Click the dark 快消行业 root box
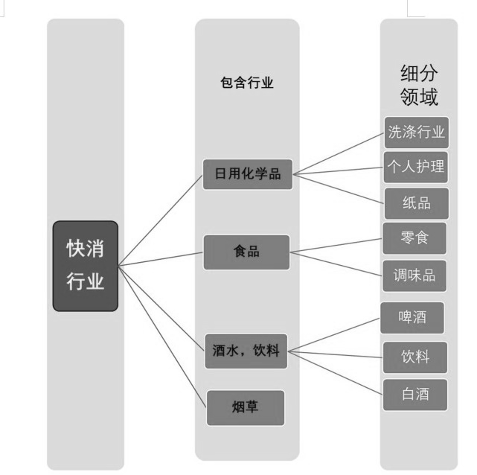86,267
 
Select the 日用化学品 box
248,174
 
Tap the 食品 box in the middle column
246,252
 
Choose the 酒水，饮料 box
246,351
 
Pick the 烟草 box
246,408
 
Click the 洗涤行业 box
417,133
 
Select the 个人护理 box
416,168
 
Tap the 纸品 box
417,203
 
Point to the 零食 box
414,238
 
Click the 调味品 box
414,276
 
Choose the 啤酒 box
412,318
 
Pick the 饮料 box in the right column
415,357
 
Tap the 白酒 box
415,395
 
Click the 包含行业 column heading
247,83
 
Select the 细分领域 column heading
419,85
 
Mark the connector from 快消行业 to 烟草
162,337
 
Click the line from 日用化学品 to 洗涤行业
339,153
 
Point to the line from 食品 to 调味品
336,264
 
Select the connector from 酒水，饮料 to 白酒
335,373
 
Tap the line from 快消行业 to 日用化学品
160,220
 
